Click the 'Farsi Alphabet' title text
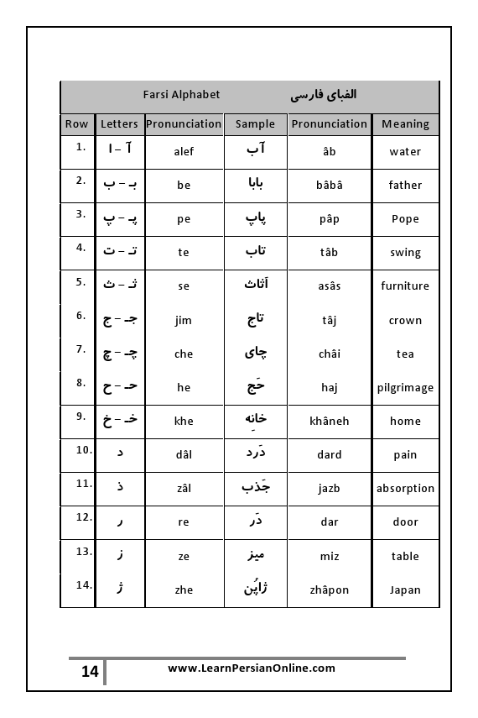tap(181, 95)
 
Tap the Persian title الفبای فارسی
tap(324, 95)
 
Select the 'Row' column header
tap(76, 124)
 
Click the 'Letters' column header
tap(119, 124)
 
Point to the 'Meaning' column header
tap(405, 124)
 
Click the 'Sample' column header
tap(255, 124)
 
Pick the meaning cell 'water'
tap(405, 152)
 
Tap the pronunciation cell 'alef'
tap(184, 152)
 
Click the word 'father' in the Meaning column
tap(405, 186)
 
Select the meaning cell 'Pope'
tap(405, 219)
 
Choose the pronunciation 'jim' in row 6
tap(184, 320)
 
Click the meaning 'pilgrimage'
tap(405, 388)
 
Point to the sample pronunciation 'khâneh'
tap(330, 421)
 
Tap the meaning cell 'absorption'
tap(405, 488)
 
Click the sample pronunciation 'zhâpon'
tap(330, 590)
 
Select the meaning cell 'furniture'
tap(405, 286)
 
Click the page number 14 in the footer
tap(90, 672)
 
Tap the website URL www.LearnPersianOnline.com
tap(252, 668)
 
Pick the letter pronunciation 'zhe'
tap(184, 590)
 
